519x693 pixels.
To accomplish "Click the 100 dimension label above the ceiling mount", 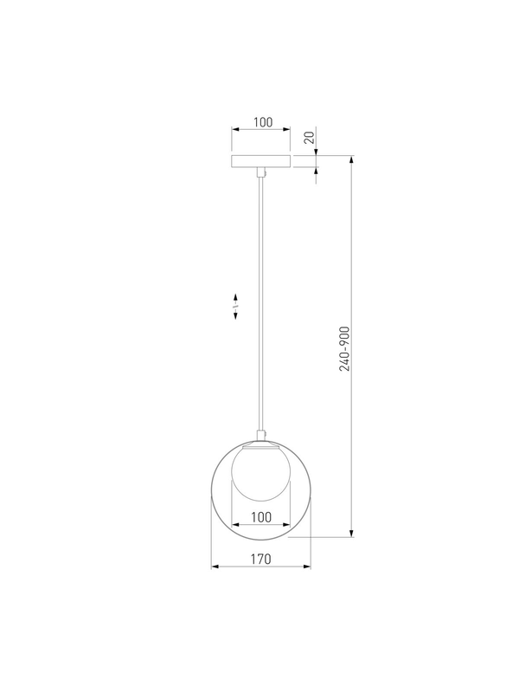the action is [263, 122].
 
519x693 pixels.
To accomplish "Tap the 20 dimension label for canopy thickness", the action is [311, 138].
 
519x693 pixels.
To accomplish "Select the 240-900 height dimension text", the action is [344, 349].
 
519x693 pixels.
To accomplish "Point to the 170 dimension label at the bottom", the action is [261, 559].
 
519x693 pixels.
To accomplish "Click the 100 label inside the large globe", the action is [261, 516].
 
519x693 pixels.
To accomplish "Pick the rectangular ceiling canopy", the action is [261, 161].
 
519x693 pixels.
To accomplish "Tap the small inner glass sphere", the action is [261, 472].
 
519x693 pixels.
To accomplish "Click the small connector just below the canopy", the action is [261, 172].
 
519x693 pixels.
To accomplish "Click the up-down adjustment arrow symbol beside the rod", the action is [235, 306].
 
